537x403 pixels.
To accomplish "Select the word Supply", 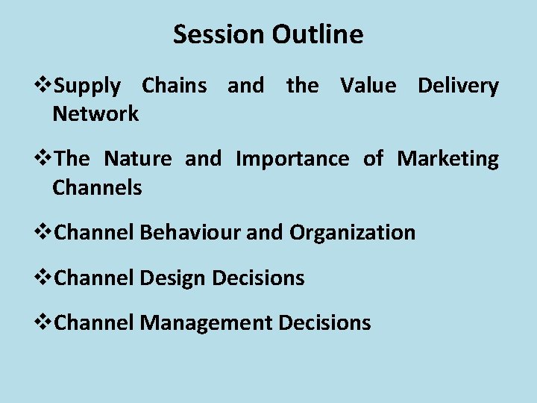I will (87, 87).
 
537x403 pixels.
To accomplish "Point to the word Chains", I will (175, 86).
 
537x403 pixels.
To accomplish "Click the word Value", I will (368, 86).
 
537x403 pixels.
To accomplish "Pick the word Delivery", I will (458, 86).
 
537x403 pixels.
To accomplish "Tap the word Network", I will (95, 114).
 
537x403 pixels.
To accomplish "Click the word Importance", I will (292, 159).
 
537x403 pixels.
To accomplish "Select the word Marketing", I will (447, 159).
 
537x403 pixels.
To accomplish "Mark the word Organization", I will (352, 233).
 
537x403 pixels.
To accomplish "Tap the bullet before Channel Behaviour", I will (45, 233).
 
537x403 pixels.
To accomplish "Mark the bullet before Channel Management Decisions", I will (45, 322).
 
